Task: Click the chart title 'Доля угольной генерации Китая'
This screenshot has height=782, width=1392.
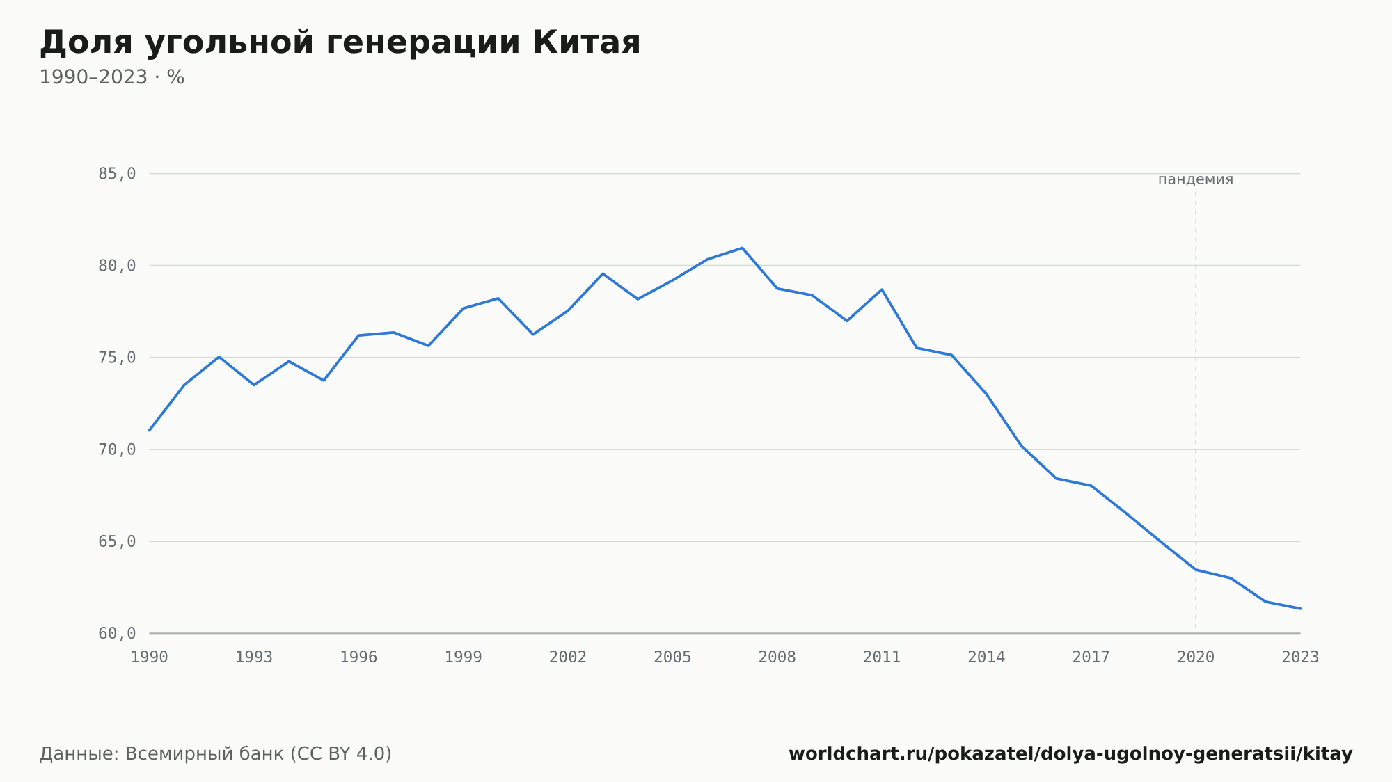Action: click(340, 43)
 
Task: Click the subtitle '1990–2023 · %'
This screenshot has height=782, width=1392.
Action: click(112, 77)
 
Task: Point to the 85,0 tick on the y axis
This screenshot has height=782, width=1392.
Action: click(117, 174)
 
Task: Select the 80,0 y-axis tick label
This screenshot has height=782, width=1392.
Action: click(117, 266)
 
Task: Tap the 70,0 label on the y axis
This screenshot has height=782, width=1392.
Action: click(117, 449)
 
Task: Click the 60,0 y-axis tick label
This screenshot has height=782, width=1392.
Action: click(117, 633)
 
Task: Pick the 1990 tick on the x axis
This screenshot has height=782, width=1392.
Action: click(150, 657)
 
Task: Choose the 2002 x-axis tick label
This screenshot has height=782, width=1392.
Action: click(568, 657)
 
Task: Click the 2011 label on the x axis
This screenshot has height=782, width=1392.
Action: click(882, 657)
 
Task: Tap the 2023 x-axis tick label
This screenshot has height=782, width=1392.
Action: click(1300, 657)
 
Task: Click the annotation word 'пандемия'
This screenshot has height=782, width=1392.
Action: click(1196, 179)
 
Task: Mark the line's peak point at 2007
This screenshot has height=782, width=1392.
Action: click(742, 248)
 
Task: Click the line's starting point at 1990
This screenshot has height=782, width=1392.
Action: click(150, 430)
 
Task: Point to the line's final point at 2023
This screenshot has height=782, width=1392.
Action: click(1300, 609)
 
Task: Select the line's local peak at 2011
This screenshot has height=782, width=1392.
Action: click(882, 289)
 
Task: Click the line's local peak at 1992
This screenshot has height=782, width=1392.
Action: click(219, 357)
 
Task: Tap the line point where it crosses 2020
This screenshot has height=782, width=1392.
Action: click(1196, 570)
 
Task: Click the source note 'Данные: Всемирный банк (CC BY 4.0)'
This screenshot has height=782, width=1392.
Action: click(216, 754)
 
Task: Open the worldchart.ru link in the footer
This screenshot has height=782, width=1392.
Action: click(1070, 754)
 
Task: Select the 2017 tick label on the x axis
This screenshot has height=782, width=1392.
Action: click(1091, 657)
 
